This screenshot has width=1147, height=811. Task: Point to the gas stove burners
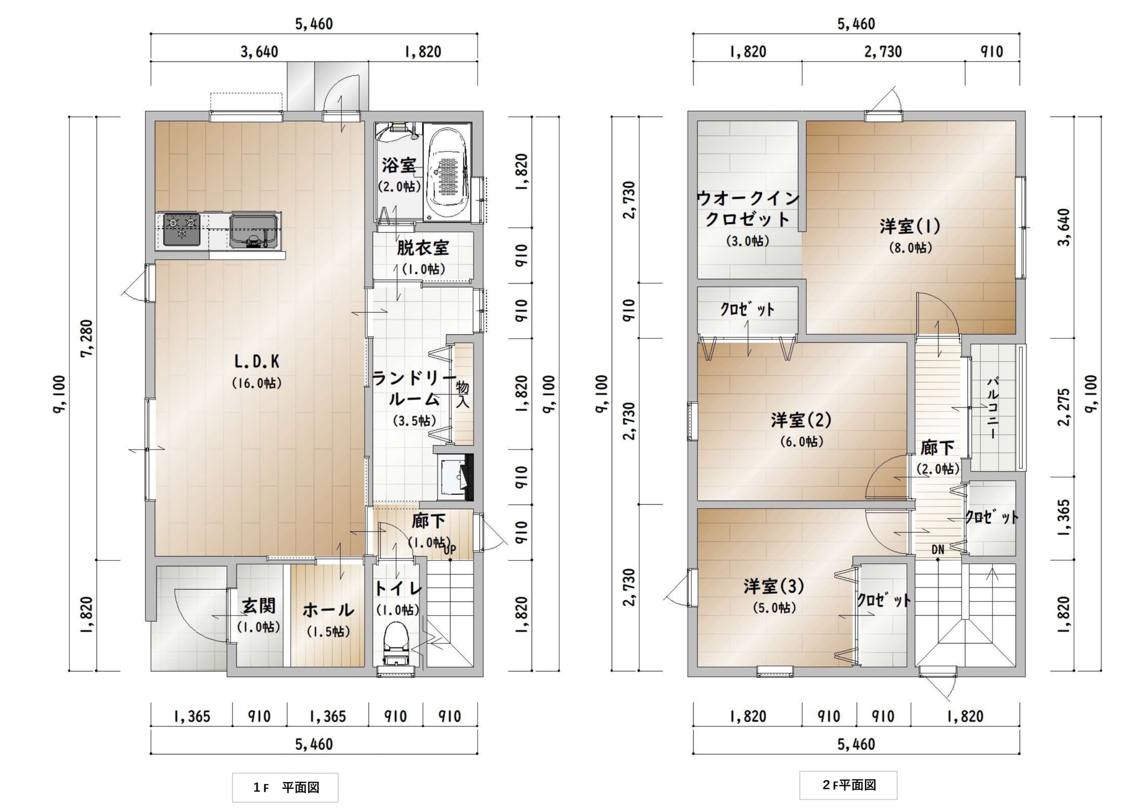(x=182, y=230)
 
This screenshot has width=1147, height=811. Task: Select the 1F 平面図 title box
(x=285, y=787)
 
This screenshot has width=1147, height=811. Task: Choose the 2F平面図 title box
(x=848, y=785)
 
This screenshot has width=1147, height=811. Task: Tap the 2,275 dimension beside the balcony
(x=1064, y=407)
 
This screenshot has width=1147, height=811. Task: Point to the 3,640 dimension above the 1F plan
(x=260, y=51)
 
